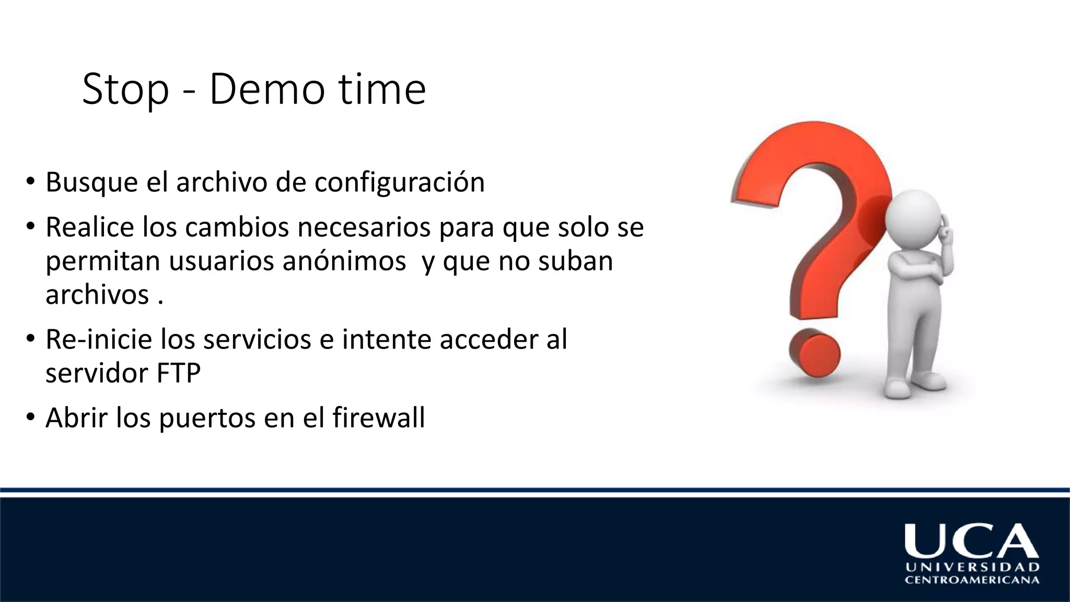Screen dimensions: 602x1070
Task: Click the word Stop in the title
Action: coord(125,90)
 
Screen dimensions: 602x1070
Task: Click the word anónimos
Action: coord(344,261)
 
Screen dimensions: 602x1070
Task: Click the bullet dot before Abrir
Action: coord(31,418)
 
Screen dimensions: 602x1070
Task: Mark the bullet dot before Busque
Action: coord(31,182)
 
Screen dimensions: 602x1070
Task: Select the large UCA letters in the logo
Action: coord(971,541)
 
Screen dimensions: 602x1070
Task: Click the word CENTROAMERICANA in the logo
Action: coord(972,580)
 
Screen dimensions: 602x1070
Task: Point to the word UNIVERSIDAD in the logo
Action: coord(972,567)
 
